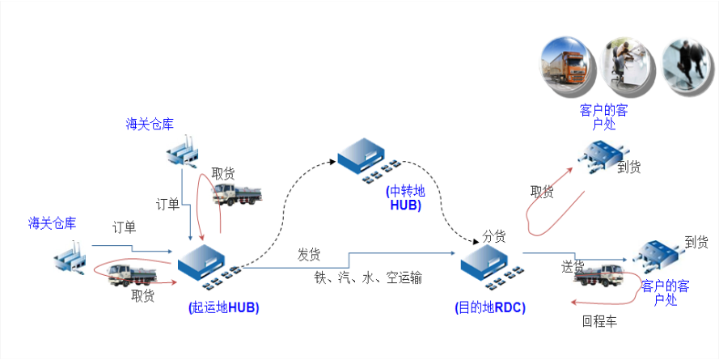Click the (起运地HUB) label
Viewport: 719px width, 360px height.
[x=223, y=307]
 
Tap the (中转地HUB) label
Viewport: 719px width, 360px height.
[x=405, y=198]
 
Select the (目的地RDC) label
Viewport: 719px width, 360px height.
[x=490, y=307]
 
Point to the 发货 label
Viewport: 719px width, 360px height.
[x=309, y=255]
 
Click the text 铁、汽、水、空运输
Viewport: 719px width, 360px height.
[x=368, y=277]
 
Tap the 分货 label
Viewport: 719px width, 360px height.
[x=494, y=236]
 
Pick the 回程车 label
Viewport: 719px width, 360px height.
[x=599, y=321]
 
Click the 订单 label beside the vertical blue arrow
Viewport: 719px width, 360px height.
[x=168, y=203]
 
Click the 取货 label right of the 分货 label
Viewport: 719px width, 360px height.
[x=543, y=192]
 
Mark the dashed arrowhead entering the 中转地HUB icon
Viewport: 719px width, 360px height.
[x=332, y=163]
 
